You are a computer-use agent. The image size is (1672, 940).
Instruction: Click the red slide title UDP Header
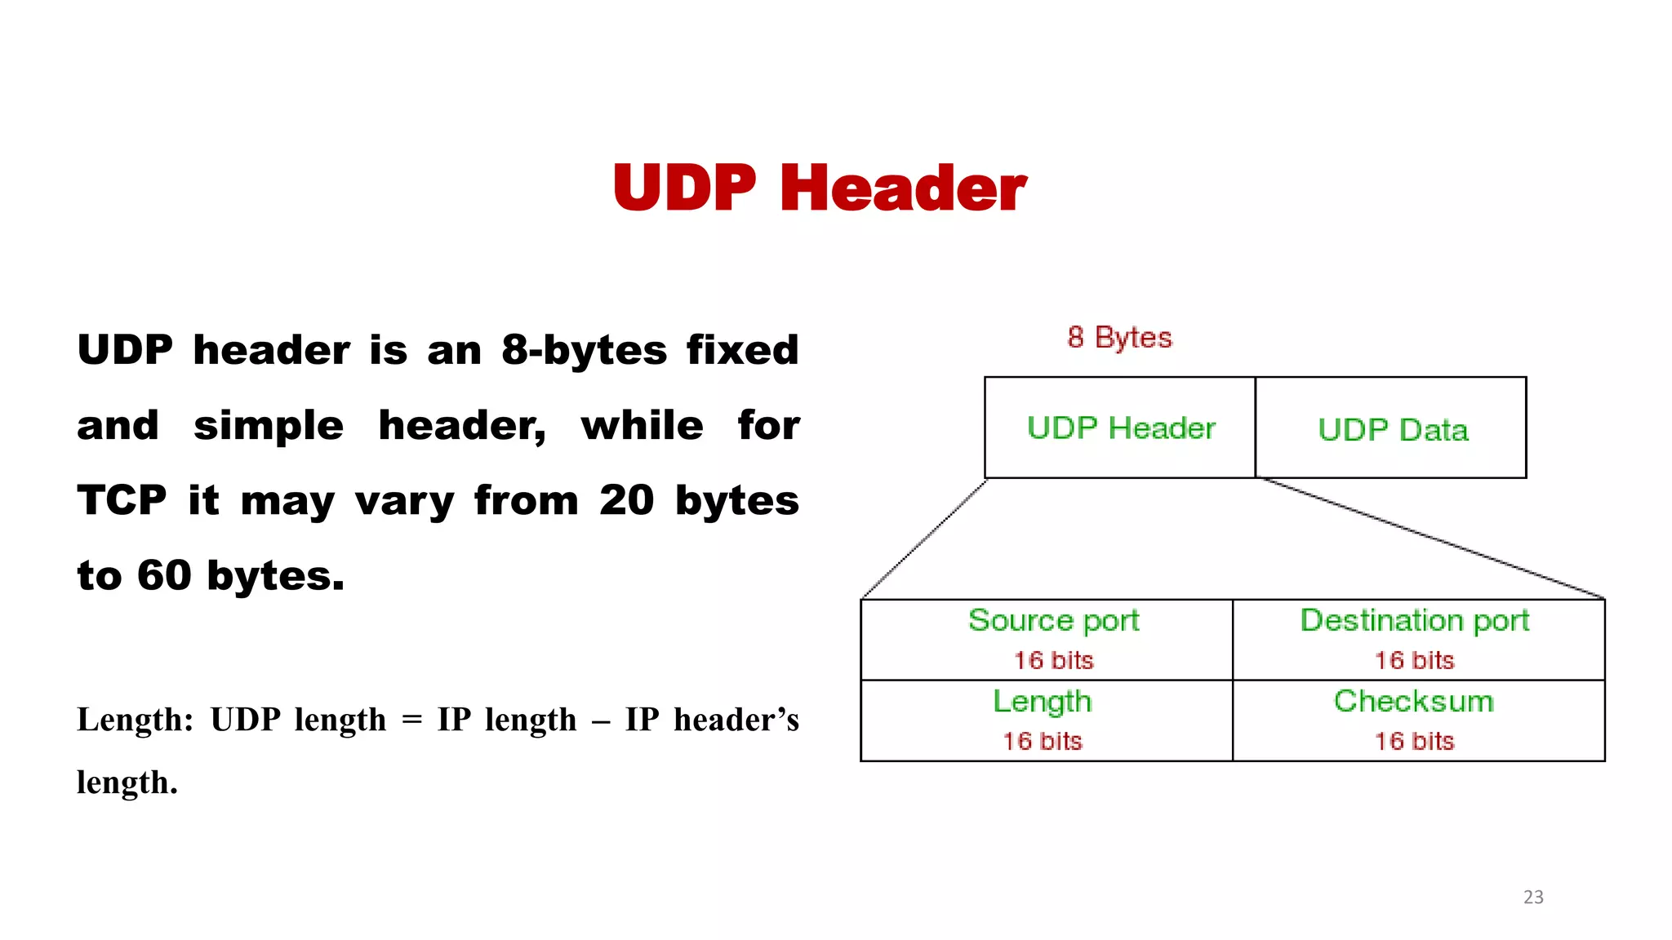819,188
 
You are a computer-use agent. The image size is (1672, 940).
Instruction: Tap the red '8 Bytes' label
1119,338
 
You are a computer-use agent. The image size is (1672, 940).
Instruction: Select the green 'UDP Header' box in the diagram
1120,428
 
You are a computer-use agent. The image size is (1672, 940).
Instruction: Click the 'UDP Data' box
1392,430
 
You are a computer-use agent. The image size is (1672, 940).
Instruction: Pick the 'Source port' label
1053,621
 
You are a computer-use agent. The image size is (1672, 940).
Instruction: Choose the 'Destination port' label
1414,621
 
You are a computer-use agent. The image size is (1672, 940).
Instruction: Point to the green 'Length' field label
1042,702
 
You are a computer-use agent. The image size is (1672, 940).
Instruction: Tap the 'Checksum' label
1414,702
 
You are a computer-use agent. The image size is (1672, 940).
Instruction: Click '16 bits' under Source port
1053,660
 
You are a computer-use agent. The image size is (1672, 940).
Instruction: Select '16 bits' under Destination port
1414,660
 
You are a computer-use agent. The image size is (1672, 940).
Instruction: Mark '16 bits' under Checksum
1414,741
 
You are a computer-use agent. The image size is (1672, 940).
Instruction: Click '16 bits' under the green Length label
1042,741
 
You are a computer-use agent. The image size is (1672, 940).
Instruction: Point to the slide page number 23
1533,897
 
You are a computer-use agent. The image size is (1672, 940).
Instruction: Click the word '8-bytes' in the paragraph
584,350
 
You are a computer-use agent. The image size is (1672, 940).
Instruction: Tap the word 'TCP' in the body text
122,500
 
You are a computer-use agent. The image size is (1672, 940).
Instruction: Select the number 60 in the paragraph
163,575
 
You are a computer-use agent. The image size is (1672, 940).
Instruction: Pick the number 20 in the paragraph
626,500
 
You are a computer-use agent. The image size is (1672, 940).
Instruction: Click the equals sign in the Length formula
412,721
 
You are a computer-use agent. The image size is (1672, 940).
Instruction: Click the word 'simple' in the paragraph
269,426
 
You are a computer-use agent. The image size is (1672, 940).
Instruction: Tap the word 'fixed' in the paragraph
742,350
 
